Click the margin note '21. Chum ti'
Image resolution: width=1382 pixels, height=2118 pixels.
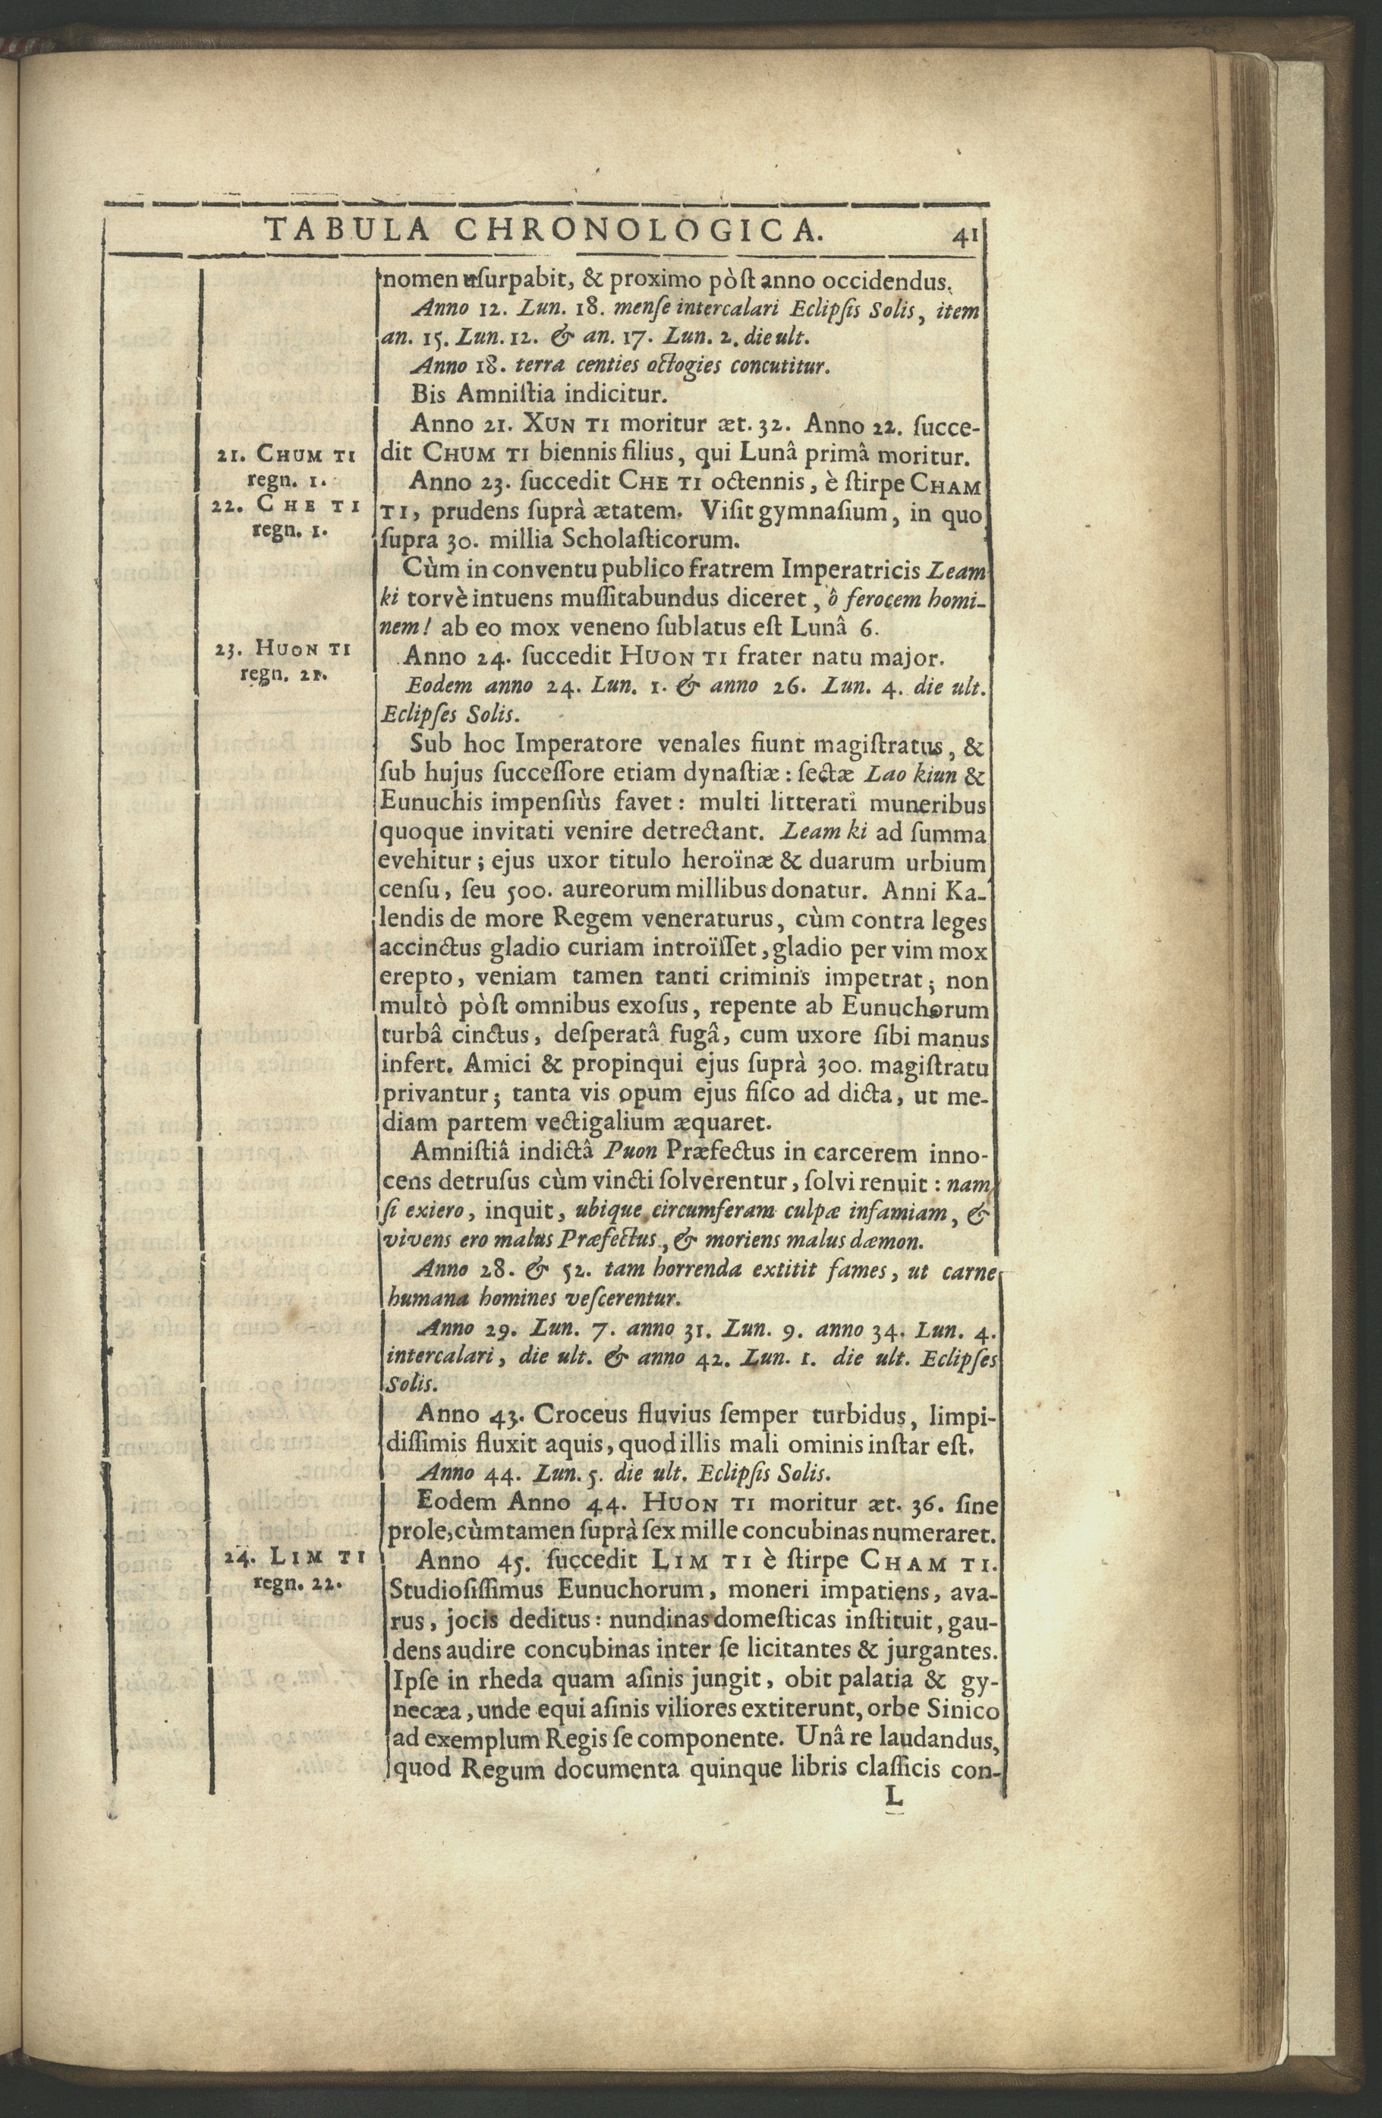pyautogui.click(x=284, y=459)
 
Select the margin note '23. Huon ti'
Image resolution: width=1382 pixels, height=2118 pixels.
pyautogui.click(x=284, y=650)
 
